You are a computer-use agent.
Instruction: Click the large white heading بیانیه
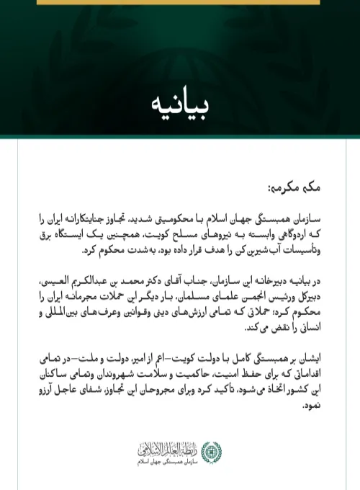[x=180, y=104]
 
